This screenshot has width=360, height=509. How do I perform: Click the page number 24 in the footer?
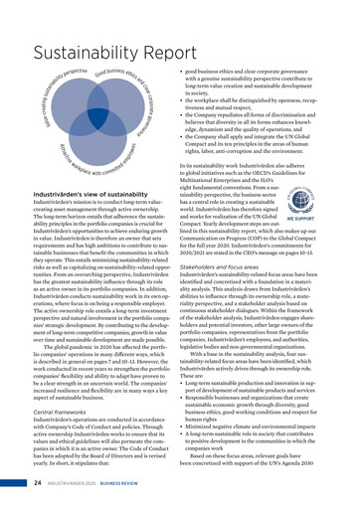pyautogui.click(x=35, y=484)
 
